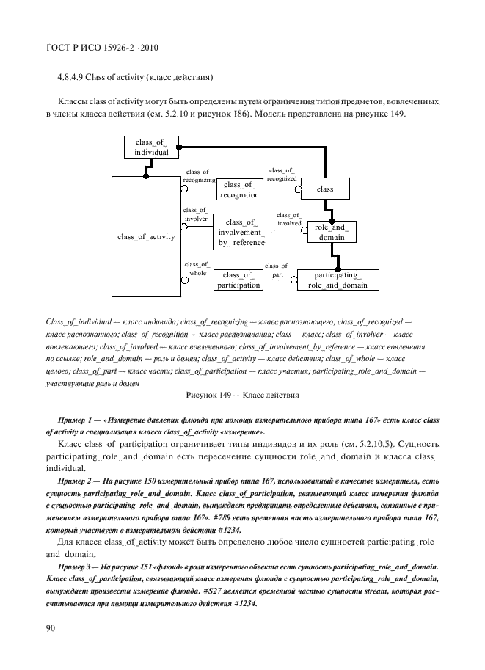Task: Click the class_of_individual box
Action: tap(151, 146)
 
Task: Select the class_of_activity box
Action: tap(145, 236)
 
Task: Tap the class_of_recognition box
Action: tap(241, 190)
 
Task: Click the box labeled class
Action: tap(324, 189)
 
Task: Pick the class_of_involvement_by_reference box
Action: tap(241, 233)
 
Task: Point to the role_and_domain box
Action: tap(330, 233)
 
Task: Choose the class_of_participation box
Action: tap(238, 280)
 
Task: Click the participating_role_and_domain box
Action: tap(339, 280)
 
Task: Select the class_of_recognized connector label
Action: tap(282, 174)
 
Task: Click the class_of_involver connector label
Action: tap(196, 214)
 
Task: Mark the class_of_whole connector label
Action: tap(197, 268)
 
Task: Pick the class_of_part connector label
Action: tap(277, 270)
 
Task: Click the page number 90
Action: tap(51, 628)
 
